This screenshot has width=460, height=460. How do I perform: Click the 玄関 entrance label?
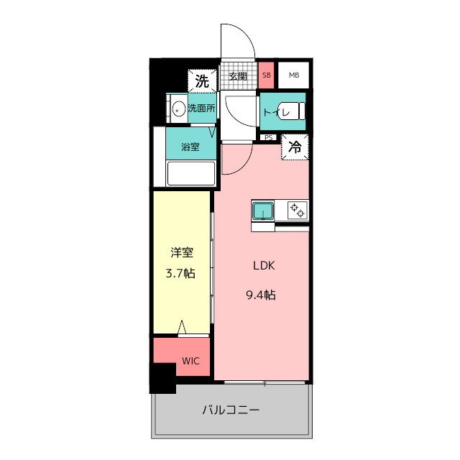click(x=237, y=76)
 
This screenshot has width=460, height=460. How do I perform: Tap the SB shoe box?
click(x=267, y=75)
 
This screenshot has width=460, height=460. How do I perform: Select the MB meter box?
click(x=294, y=75)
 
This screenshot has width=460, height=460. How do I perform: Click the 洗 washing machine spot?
click(x=202, y=80)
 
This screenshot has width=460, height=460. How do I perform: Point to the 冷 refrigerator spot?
click(x=295, y=147)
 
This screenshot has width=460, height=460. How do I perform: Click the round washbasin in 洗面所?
click(x=178, y=109)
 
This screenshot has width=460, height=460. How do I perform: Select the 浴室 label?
click(x=190, y=147)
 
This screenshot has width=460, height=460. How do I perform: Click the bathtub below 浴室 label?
click(x=191, y=174)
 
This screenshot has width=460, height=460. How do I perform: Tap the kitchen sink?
click(x=263, y=211)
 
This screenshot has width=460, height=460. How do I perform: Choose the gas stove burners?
click(x=298, y=211)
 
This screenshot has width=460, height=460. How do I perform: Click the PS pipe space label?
click(x=268, y=137)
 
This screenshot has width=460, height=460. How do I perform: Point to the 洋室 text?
click(x=181, y=253)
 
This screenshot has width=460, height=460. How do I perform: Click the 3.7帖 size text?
click(x=181, y=273)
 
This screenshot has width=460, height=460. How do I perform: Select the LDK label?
click(x=264, y=265)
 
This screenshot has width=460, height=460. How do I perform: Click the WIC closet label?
click(x=190, y=360)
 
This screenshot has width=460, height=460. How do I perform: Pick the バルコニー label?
click(x=230, y=410)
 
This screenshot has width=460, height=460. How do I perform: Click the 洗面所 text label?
click(x=202, y=109)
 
